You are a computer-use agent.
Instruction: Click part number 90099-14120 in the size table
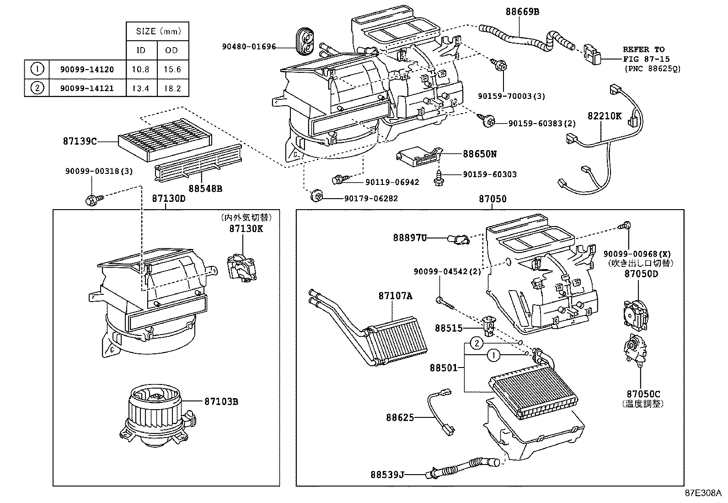coord(87,70)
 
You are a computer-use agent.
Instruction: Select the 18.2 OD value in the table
coord(172,88)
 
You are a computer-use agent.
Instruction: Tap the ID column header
coord(141,50)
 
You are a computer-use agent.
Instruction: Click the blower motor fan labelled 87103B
coord(155,414)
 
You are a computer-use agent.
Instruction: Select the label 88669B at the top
coord(522,12)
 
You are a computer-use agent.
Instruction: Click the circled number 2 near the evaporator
coord(476,343)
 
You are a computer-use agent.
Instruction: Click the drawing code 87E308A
coord(702,493)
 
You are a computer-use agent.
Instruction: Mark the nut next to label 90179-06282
coord(315,197)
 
